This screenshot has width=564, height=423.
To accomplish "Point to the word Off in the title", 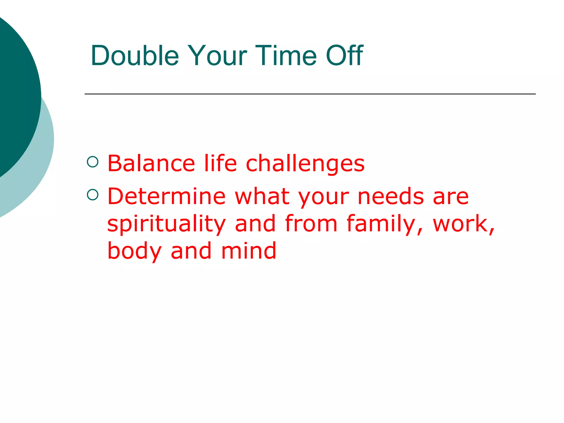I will (344, 56).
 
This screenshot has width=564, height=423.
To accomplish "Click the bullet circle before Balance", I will (93, 162).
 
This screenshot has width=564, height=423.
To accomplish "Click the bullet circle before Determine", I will (93, 195).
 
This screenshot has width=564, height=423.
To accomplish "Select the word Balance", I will (151, 164).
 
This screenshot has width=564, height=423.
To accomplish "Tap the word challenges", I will (305, 164).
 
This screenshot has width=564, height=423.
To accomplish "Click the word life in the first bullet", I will (220, 164).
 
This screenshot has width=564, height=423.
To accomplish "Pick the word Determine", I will (166, 196).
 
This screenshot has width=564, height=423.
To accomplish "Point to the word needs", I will (391, 196).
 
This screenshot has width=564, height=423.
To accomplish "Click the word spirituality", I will (166, 224).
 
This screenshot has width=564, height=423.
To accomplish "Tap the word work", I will (463, 224).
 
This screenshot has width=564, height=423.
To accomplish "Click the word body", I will (134, 251).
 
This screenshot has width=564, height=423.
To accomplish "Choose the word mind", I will (248, 251).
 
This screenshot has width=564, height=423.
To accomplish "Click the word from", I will (311, 224).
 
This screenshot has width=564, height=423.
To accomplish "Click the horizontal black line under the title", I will (310, 94).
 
